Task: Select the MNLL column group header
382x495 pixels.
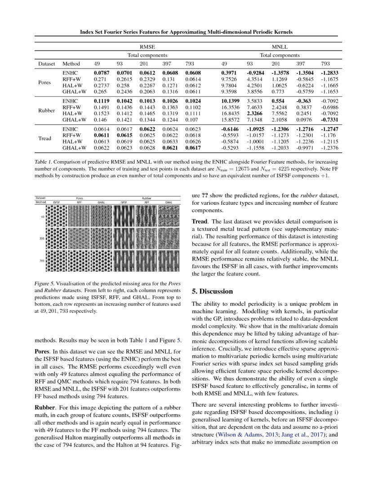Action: pos(280,47)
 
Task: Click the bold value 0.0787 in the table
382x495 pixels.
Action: pos(101,72)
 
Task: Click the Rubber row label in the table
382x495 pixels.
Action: pos(47,111)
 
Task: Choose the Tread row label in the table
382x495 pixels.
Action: pos(45,138)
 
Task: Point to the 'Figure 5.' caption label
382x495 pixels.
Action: pos(45,285)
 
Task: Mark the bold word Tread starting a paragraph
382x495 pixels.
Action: pos(200,221)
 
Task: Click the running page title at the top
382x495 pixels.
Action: pos(186,32)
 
